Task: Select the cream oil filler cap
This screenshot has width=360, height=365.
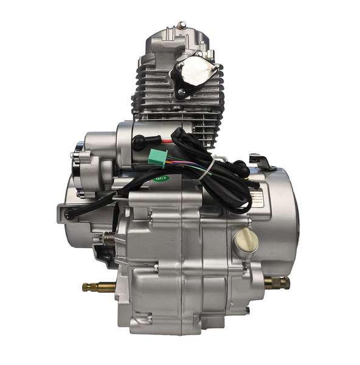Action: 246,242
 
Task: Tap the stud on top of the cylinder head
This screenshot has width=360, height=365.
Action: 181,25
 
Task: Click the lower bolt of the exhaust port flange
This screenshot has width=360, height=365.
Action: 181,92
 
